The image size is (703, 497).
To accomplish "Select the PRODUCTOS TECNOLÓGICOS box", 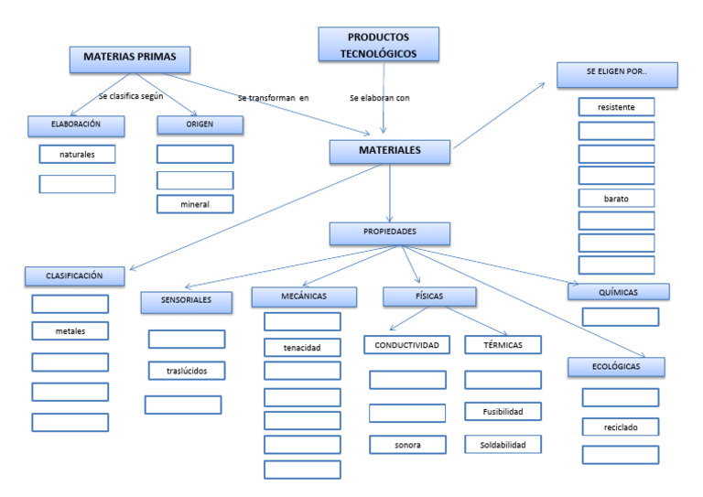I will pyautogui.click(x=379, y=45).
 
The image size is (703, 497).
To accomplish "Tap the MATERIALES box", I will pyautogui.click(x=390, y=152).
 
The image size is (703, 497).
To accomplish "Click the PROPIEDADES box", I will pyautogui.click(x=390, y=233).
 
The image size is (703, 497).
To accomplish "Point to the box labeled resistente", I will pyautogui.click(x=616, y=108).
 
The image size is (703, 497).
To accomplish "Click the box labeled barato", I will pyautogui.click(x=616, y=199).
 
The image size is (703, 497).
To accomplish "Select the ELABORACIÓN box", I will pyautogui.click(x=76, y=124).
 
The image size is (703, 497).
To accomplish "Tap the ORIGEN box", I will pyautogui.click(x=200, y=124).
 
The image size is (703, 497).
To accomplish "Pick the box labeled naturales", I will pyautogui.click(x=77, y=154).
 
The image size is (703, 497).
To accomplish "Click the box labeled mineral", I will pyautogui.click(x=194, y=204).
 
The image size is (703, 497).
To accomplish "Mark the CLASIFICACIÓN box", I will pyautogui.click(x=74, y=276).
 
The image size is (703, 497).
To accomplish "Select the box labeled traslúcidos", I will pyautogui.click(x=186, y=371).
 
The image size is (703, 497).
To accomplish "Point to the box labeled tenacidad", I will pyautogui.click(x=302, y=347).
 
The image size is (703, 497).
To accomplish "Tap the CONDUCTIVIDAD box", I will pyautogui.click(x=407, y=345).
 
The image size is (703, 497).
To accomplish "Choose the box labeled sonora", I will pyautogui.click(x=407, y=444).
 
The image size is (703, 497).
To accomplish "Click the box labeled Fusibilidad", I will pyautogui.click(x=503, y=412).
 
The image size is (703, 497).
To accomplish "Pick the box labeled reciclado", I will pyautogui.click(x=620, y=427).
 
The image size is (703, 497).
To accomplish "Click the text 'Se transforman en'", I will pyautogui.click(x=273, y=98).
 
